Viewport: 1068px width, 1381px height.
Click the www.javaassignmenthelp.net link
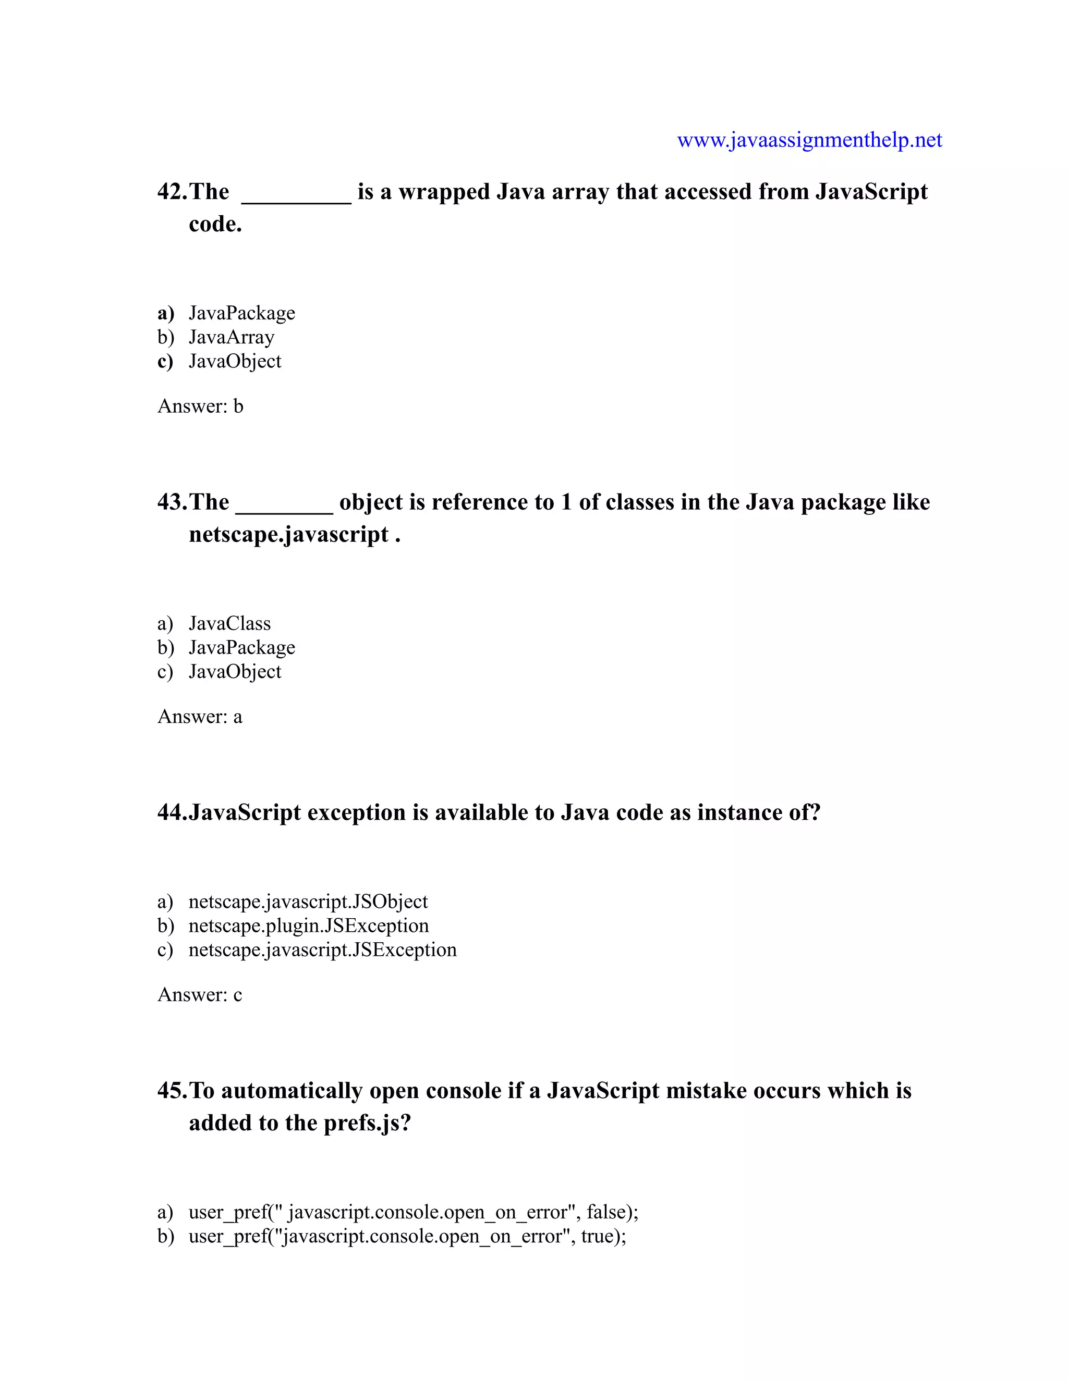pyautogui.click(x=809, y=140)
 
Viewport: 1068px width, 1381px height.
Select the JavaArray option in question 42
pyautogui.click(x=231, y=337)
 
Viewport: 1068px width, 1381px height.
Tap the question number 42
pyautogui.click(x=172, y=192)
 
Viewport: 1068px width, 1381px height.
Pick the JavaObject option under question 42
pyautogui.click(x=235, y=361)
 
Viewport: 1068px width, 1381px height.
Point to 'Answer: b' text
pyautogui.click(x=200, y=406)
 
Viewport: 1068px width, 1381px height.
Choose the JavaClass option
pyautogui.click(x=229, y=623)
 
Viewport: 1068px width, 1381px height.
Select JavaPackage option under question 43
pyautogui.click(x=241, y=647)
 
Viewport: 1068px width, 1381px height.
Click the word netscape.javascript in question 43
pyautogui.click(x=288, y=535)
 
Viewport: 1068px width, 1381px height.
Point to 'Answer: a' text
pyautogui.click(x=199, y=717)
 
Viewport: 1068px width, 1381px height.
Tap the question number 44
pyautogui.click(x=172, y=812)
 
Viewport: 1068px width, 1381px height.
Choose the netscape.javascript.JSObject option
pyautogui.click(x=308, y=902)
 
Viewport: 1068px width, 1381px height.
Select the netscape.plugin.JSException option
pyautogui.click(x=308, y=926)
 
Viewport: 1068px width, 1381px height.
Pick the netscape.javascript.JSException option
pyautogui.click(x=322, y=950)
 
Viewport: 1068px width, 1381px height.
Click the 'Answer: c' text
pyautogui.click(x=199, y=995)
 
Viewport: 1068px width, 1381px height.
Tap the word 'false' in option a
pyautogui.click(x=606, y=1212)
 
